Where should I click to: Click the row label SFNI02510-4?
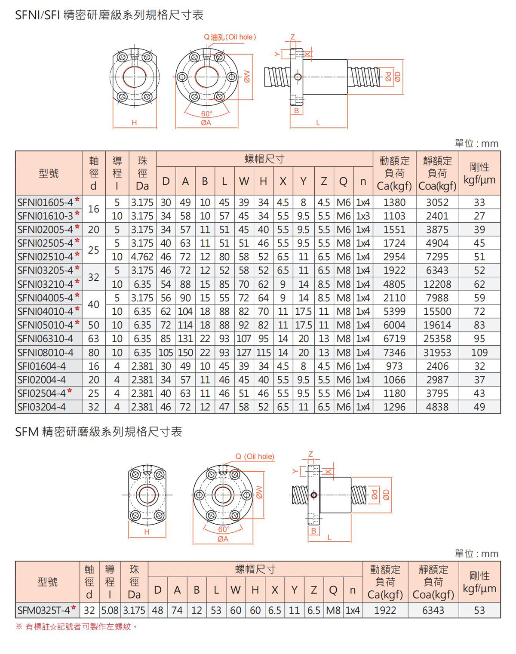(x=45, y=257)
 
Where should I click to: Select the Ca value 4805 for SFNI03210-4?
(x=394, y=284)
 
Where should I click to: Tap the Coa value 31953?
(x=437, y=353)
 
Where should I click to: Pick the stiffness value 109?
(x=479, y=353)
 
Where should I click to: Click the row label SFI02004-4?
(x=41, y=380)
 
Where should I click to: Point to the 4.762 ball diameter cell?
(x=142, y=257)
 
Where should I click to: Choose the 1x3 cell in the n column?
(x=363, y=216)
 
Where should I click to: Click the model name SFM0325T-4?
(x=44, y=610)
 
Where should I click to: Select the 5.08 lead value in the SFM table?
(x=110, y=610)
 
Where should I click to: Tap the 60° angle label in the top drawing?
(x=207, y=114)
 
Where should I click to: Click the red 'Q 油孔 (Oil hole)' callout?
(x=230, y=37)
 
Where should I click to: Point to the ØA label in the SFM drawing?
(x=223, y=539)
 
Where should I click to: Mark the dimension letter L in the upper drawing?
(x=318, y=123)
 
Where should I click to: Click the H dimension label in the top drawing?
(x=134, y=123)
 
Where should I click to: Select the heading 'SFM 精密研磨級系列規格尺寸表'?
(x=98, y=432)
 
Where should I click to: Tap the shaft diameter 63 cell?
(x=94, y=339)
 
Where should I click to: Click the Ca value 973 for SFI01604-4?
(x=394, y=366)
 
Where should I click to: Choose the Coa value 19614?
(x=437, y=325)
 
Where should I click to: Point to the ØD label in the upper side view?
(x=397, y=77)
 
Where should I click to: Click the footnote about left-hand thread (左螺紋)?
(x=77, y=626)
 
